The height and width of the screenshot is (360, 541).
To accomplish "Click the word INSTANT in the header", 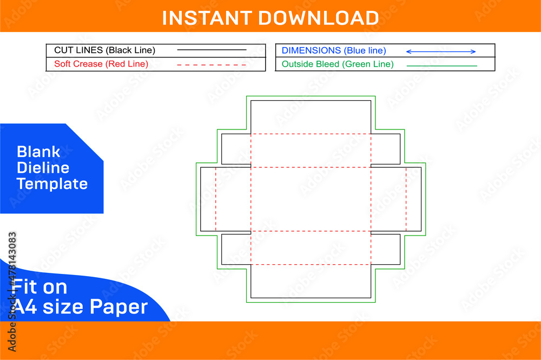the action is (x=207, y=18).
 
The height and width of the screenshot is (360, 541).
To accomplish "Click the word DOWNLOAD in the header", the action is (x=319, y=18).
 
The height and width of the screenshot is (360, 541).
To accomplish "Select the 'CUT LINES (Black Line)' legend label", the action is (x=104, y=50).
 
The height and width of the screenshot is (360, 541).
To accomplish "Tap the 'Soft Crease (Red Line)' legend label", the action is (x=101, y=64).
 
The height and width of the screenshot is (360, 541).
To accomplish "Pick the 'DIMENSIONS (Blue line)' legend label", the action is (x=334, y=51).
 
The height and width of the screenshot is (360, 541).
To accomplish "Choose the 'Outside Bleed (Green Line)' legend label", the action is (x=338, y=64).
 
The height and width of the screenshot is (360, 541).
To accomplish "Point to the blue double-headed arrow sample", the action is (x=441, y=52).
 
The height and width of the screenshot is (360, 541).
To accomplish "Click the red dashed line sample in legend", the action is (x=212, y=65).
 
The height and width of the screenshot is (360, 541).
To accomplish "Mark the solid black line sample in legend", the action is (x=212, y=50).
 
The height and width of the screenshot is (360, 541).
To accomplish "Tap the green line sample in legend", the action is (x=442, y=66).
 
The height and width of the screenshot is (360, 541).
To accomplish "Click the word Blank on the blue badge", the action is (x=38, y=152).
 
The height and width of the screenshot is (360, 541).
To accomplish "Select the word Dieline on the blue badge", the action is (x=43, y=168).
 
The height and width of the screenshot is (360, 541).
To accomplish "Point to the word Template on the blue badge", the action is (x=52, y=184).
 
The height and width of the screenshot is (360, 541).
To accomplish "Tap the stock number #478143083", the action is (x=12, y=259).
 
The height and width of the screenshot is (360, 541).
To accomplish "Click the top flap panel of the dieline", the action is (x=311, y=117).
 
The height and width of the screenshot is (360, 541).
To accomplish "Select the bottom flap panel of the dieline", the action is (x=311, y=282).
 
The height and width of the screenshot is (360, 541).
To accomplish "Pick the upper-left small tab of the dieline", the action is (x=236, y=149).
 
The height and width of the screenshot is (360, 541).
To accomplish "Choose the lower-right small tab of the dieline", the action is (x=385, y=250).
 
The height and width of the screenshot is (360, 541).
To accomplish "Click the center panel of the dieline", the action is (x=311, y=199).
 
